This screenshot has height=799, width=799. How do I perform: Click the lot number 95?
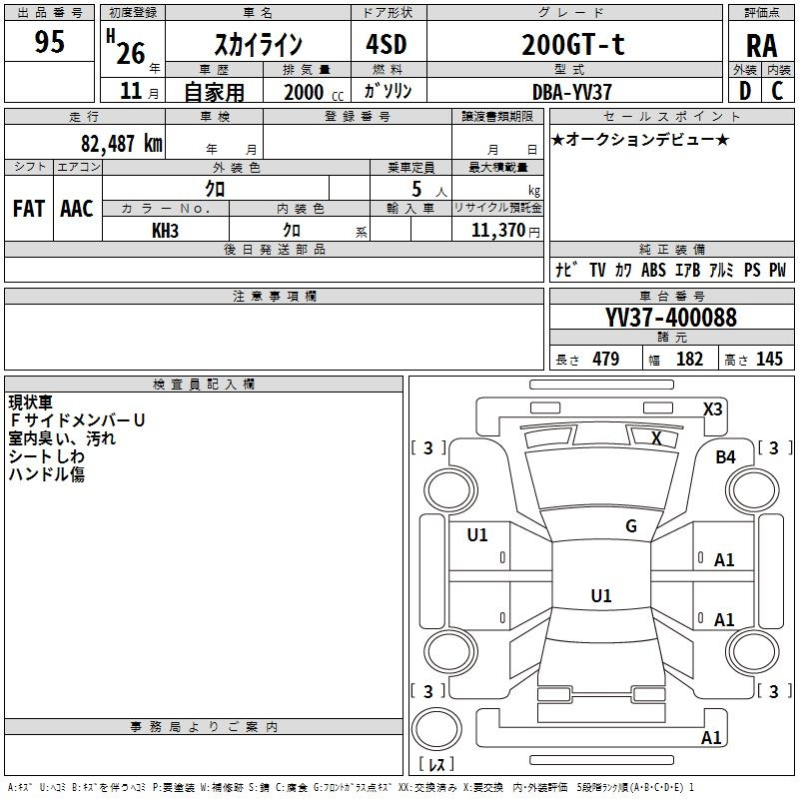pyautogui.click(x=49, y=42)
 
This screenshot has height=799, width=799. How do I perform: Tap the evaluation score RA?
pyautogui.click(x=761, y=44)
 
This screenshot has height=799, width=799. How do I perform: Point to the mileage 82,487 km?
pyautogui.click(x=121, y=143)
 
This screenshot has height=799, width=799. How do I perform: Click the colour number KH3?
pyautogui.click(x=165, y=231)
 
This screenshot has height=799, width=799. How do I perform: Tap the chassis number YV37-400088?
pyautogui.click(x=671, y=318)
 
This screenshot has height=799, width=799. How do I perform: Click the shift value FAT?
pyautogui.click(x=29, y=209)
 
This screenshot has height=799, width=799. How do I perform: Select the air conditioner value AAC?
pyautogui.click(x=77, y=209)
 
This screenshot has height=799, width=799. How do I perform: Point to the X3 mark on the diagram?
pyautogui.click(x=713, y=408)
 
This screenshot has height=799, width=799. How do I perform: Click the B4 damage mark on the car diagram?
pyautogui.click(x=725, y=456)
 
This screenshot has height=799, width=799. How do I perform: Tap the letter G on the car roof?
pyautogui.click(x=631, y=525)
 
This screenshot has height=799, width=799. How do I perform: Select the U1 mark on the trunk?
pyautogui.click(x=601, y=596)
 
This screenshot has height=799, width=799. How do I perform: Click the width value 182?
pyautogui.click(x=690, y=360)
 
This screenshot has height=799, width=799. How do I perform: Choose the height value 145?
pyautogui.click(x=769, y=360)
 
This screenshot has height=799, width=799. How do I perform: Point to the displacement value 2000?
pyautogui.click(x=304, y=92)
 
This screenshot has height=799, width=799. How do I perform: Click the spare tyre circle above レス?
pyautogui.click(x=434, y=730)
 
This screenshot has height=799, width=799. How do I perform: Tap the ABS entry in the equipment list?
pyautogui.click(x=653, y=270)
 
